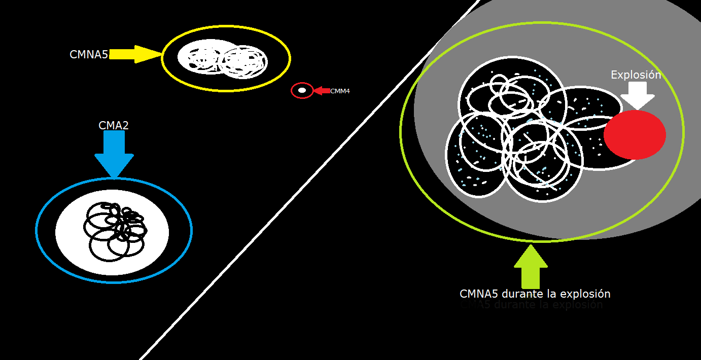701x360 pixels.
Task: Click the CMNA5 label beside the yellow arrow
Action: (89, 55)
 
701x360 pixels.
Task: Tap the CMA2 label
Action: (114, 125)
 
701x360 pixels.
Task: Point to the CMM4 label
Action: (340, 91)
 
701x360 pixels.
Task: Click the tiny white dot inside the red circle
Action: (302, 90)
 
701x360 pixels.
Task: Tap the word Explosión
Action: (636, 75)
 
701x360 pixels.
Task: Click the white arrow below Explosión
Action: (637, 95)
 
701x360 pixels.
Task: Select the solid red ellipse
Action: (635, 134)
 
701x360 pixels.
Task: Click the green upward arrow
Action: (531, 266)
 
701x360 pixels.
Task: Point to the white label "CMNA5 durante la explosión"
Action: (535, 294)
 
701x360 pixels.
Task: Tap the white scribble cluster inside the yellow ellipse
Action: (222, 59)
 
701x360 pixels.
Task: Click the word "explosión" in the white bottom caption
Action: (585, 294)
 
